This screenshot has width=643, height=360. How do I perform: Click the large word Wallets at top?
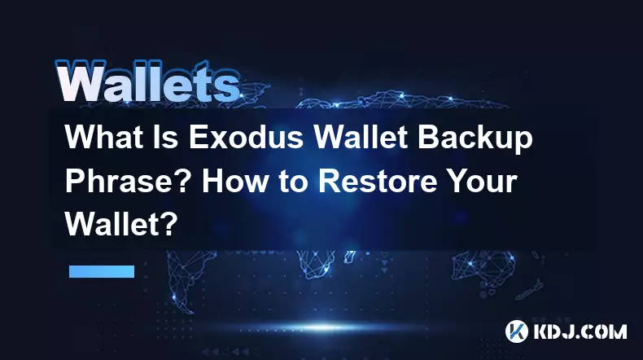147,81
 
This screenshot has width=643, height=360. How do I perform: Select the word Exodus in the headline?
246,137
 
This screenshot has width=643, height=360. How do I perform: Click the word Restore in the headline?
378,182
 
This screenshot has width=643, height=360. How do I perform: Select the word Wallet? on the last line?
121,224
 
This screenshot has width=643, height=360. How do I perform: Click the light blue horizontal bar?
102,271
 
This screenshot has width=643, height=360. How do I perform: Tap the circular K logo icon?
516,331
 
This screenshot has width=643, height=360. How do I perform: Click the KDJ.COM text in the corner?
580,331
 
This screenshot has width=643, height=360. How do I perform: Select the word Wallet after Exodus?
361,137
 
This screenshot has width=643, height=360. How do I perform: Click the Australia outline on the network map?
483,268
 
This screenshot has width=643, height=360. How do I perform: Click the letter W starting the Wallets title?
81,81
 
